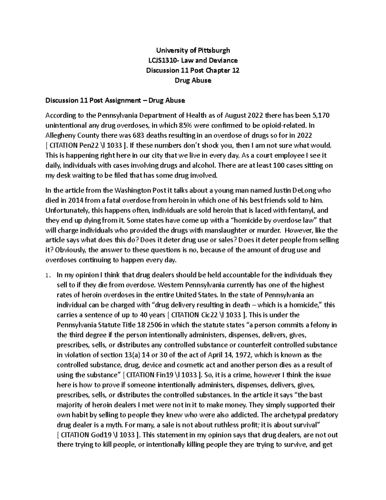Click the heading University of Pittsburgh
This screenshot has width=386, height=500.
[x=193, y=50]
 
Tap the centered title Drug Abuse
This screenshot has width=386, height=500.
[x=193, y=80]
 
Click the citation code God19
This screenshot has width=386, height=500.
[x=103, y=435]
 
